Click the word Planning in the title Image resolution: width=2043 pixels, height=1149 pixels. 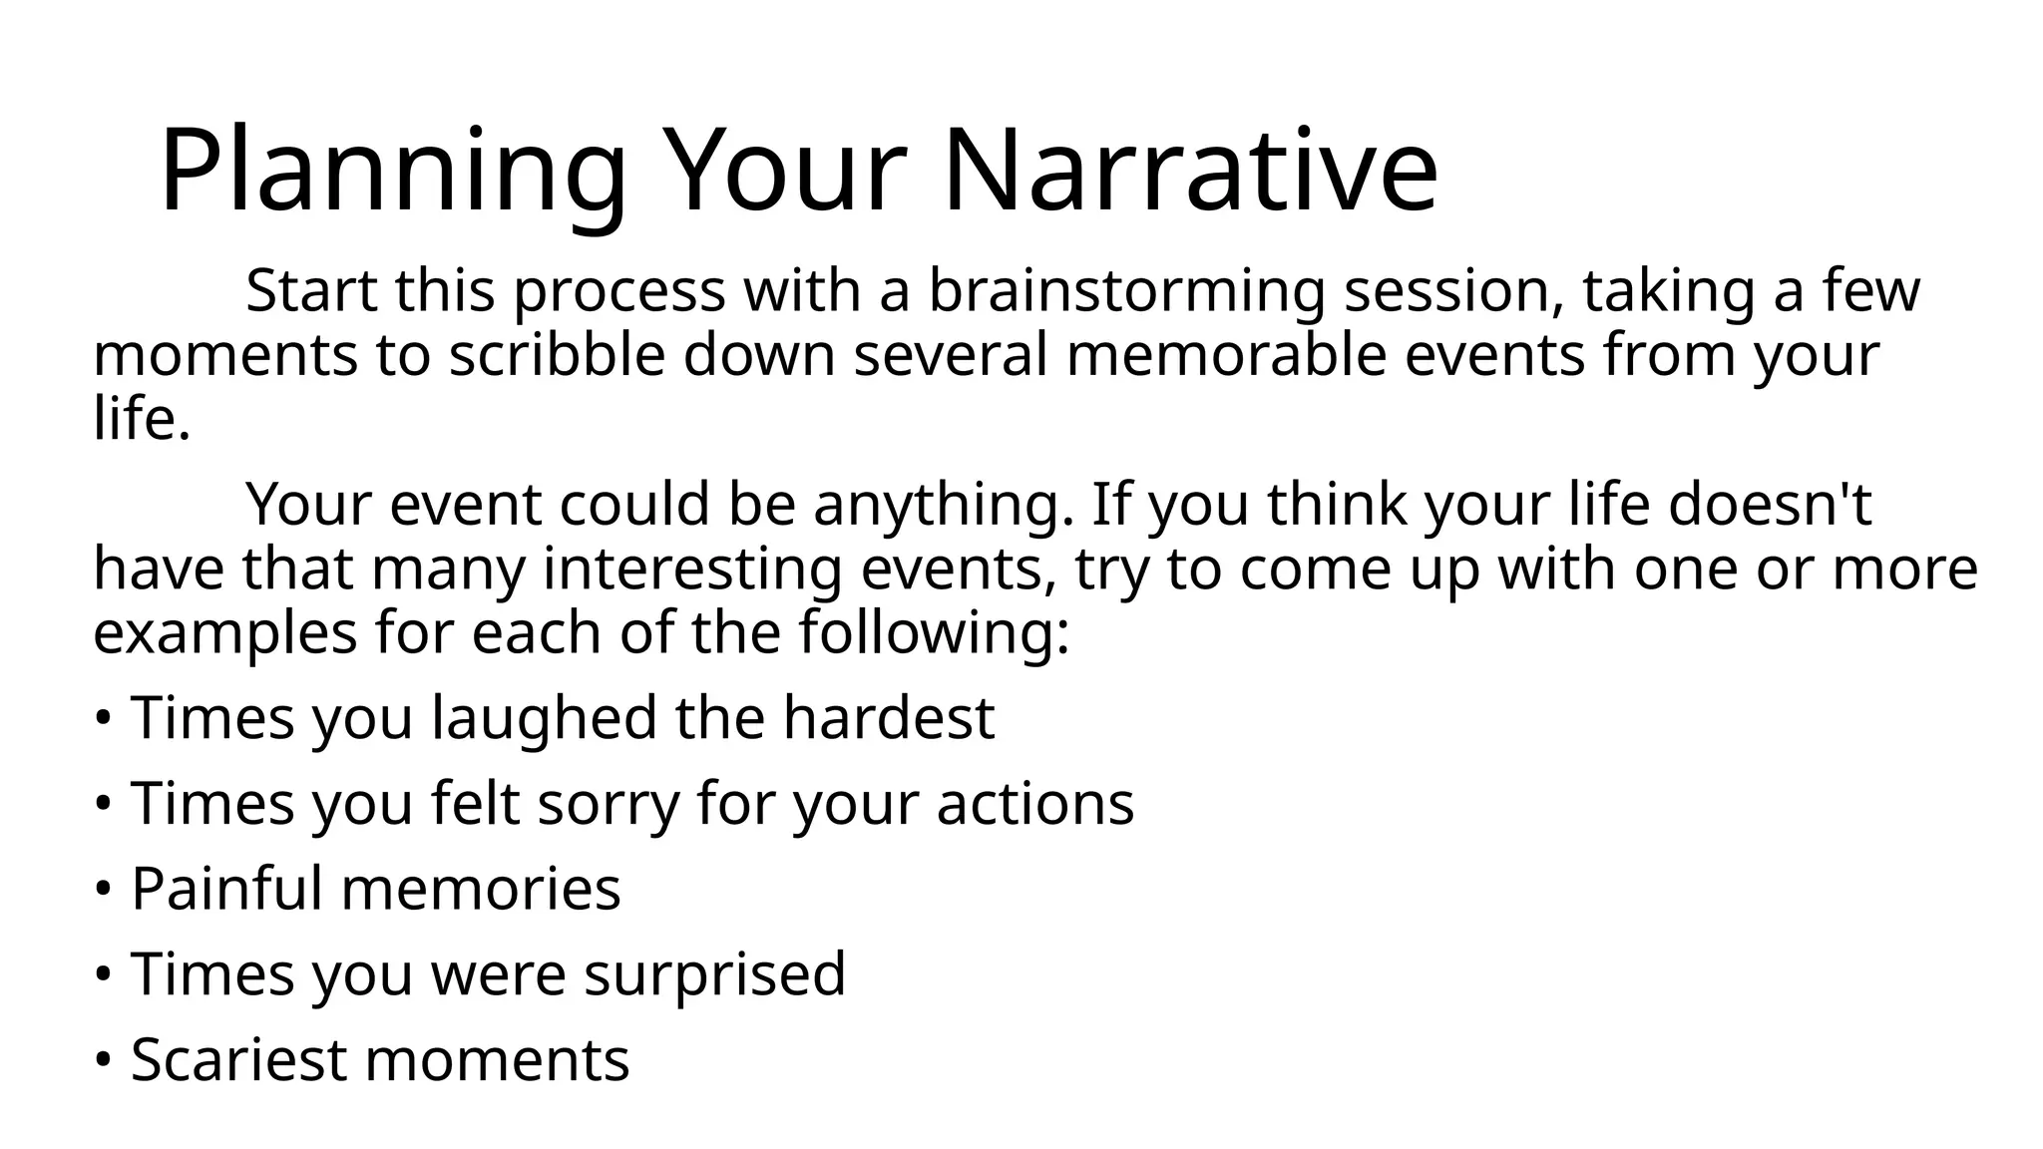coord(392,172)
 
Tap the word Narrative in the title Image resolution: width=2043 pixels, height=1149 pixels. coord(1189,172)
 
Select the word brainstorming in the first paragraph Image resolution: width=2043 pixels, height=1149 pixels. coord(1125,292)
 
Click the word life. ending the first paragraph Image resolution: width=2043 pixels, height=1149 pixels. coord(141,418)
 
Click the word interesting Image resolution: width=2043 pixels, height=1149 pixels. coord(692,570)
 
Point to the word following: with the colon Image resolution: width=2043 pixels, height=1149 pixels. coord(934,633)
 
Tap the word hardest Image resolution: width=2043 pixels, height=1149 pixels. coord(888,718)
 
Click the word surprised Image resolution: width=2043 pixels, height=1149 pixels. coord(714,974)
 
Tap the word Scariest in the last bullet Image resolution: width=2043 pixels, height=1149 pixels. coord(237,1059)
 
